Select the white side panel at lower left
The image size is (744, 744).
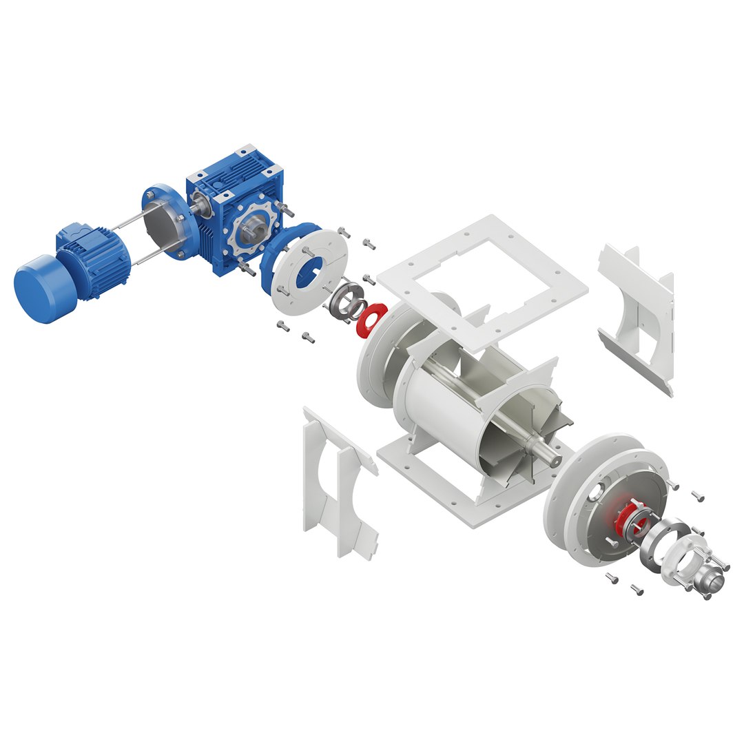point(338,482)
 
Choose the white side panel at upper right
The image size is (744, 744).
point(637,310)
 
